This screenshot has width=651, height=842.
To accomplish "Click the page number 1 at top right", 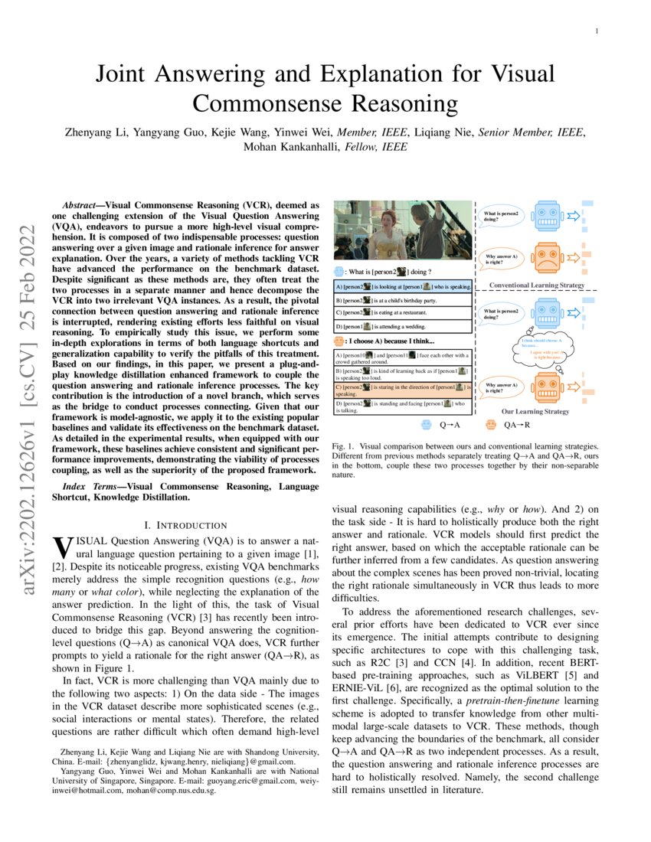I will click(596, 31).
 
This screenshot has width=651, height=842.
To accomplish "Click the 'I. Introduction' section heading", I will click(186, 525).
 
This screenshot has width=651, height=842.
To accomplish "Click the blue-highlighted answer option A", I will click(403, 286).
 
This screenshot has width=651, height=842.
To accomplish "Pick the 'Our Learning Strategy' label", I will click(535, 411).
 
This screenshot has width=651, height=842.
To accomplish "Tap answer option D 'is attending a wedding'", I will click(403, 325).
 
